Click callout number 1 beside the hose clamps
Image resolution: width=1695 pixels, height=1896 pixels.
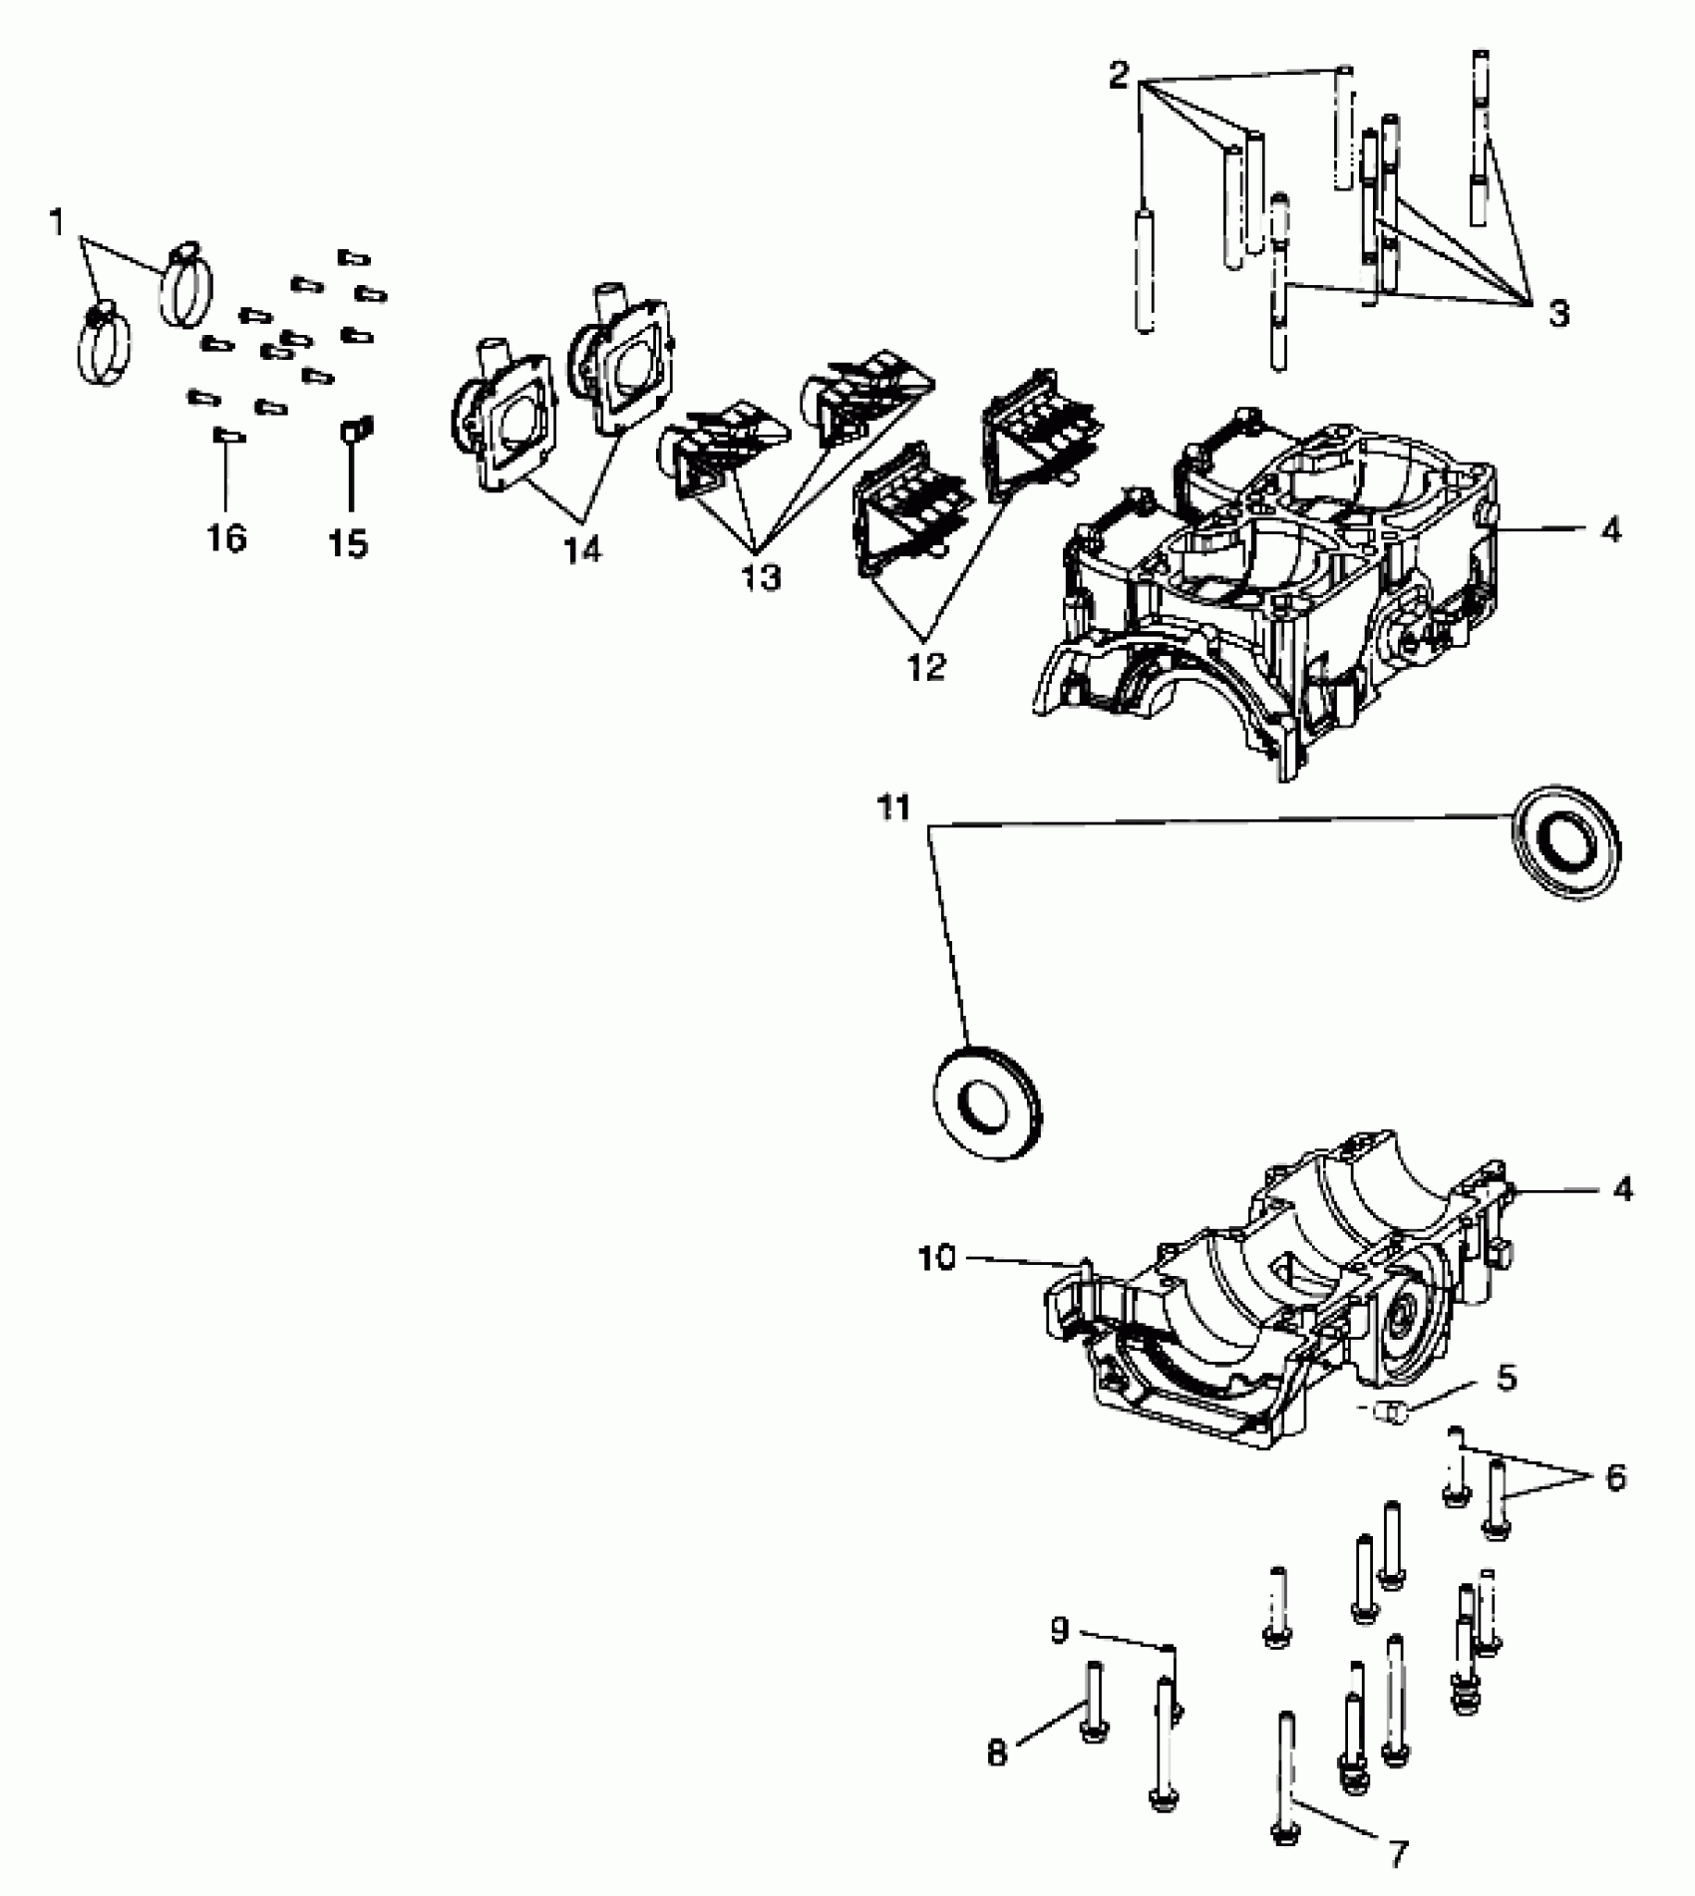pos(57,223)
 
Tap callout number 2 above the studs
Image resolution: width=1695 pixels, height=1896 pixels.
pos(1119,76)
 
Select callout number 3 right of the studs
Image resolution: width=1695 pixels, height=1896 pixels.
pos(1558,313)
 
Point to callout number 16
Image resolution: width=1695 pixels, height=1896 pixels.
pos(226,538)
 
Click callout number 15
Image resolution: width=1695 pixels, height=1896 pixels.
pos(349,543)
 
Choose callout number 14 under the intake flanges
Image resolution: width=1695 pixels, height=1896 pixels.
pos(583,548)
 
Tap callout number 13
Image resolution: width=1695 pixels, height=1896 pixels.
pos(761,577)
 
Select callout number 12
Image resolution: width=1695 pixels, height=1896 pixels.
pos(926,667)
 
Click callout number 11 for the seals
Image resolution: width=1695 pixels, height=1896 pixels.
pos(893,807)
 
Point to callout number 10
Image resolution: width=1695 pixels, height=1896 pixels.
pos(936,1259)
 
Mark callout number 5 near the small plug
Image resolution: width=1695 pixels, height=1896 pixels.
pos(1507,1380)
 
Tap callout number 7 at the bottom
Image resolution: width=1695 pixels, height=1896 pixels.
pos(1398,1854)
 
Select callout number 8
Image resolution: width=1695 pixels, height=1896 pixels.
pos(997,1752)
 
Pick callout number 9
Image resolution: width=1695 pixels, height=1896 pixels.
pos(1059,1630)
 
